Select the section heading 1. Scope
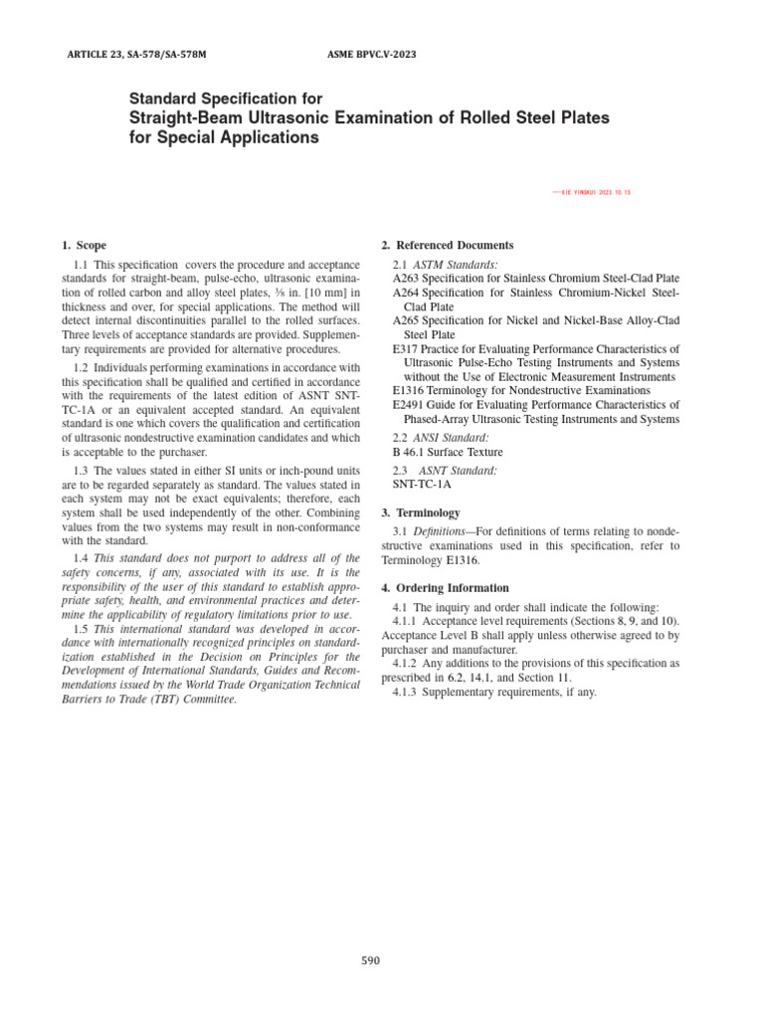(84, 245)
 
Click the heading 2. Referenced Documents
(448, 245)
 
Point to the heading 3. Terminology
(421, 512)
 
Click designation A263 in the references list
(406, 279)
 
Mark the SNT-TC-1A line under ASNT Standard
(422, 485)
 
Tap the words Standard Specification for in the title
(226, 100)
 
